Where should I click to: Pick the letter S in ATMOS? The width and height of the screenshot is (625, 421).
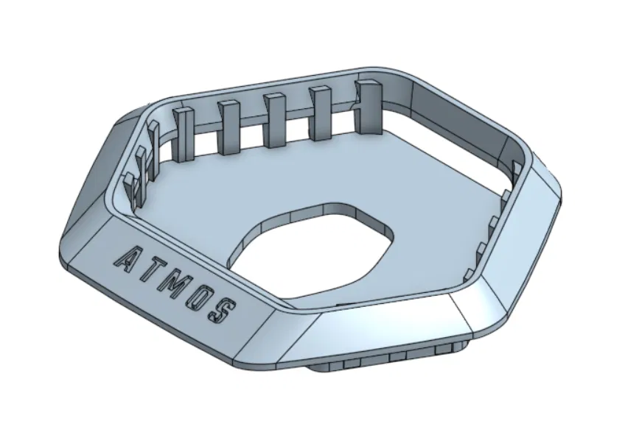point(221,310)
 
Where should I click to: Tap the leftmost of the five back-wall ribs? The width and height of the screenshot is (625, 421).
point(182,133)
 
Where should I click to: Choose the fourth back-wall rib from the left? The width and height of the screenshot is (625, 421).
point(321,113)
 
